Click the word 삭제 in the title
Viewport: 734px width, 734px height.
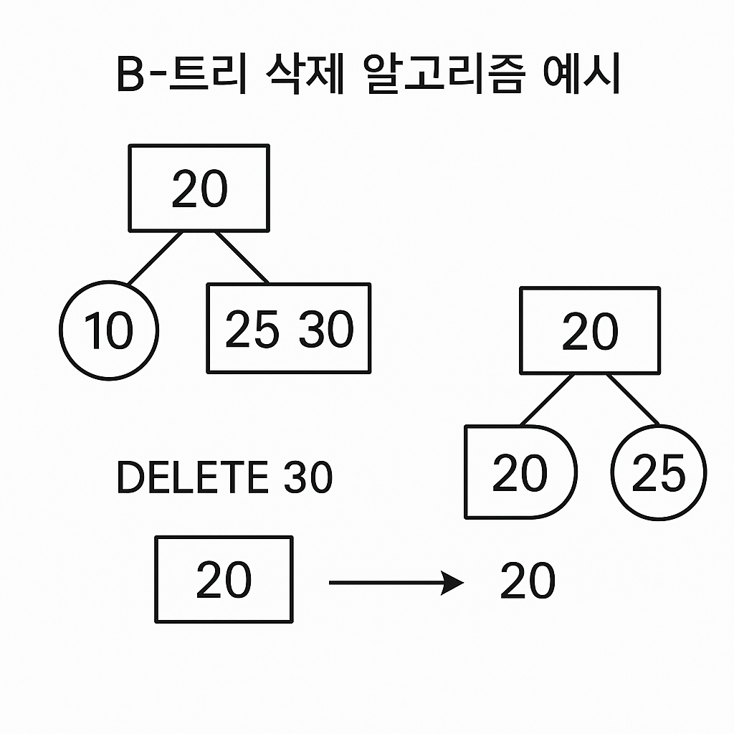pyautogui.click(x=296, y=77)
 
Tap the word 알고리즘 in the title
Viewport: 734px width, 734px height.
pyautogui.click(x=445, y=77)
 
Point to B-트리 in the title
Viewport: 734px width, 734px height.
pyautogui.click(x=181, y=77)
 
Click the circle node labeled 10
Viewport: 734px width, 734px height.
pyautogui.click(x=108, y=330)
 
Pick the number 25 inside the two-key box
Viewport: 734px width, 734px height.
pyautogui.click(x=252, y=330)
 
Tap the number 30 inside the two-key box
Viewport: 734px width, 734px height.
pyautogui.click(x=326, y=330)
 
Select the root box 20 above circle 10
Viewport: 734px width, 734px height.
pyautogui.click(x=199, y=189)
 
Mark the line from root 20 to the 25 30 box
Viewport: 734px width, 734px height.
pyautogui.click(x=242, y=258)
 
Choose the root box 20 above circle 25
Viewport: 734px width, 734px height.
pyautogui.click(x=589, y=331)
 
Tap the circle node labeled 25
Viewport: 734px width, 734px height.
pyautogui.click(x=659, y=472)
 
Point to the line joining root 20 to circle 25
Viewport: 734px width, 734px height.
pyautogui.click(x=633, y=399)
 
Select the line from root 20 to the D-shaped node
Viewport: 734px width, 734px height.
pyautogui.click(x=547, y=399)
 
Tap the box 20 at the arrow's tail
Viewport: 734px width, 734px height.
pyautogui.click(x=224, y=580)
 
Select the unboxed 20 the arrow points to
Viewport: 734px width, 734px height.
pyautogui.click(x=528, y=581)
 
